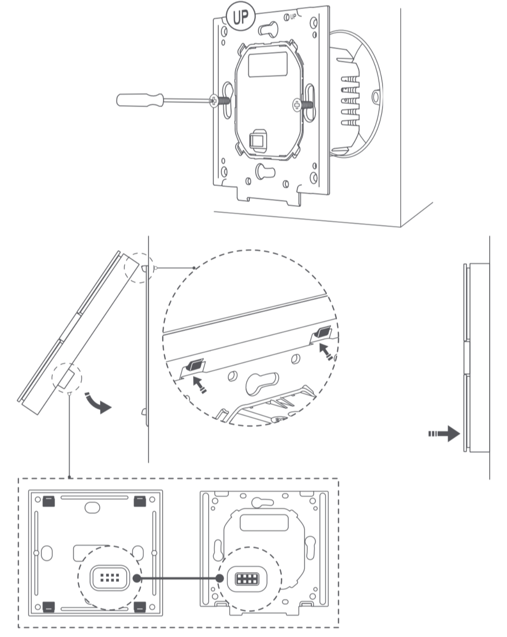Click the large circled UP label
coord(241,17)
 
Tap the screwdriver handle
coord(140,100)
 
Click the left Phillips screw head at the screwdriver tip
coord(214,101)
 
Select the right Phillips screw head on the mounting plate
coord(297,105)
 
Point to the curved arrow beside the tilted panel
coord(98,404)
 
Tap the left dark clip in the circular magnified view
coord(195,366)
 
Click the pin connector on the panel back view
coord(109,578)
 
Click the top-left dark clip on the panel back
coord(49,501)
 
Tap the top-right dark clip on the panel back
coord(140,501)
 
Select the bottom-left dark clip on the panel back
coord(49,607)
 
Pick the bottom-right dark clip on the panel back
coord(140,607)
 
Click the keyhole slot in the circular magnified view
coord(262,383)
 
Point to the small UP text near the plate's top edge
coord(293,17)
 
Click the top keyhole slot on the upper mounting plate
coord(268,29)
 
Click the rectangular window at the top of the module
coord(268,64)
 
